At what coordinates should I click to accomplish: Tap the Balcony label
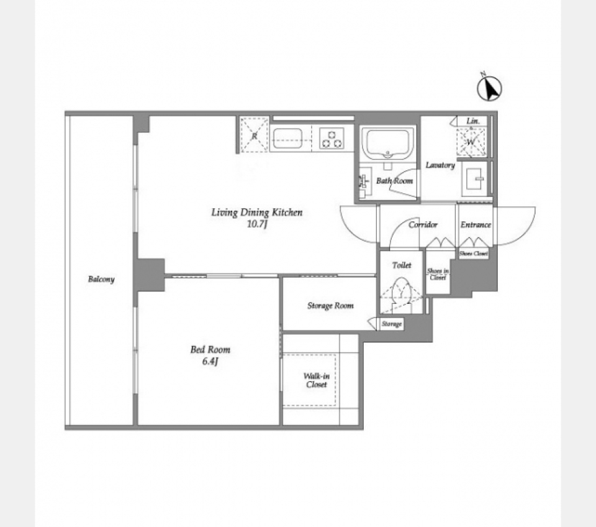[x=101, y=279]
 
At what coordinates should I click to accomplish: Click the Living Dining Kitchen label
[x=257, y=213]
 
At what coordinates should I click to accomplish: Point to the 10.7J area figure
[x=257, y=224]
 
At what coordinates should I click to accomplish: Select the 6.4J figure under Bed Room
[x=210, y=362]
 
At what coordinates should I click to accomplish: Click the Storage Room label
[x=330, y=306]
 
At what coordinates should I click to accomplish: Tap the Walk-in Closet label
[x=316, y=380]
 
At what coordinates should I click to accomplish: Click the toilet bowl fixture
[x=402, y=291]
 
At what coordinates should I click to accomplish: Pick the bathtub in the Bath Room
[x=387, y=144]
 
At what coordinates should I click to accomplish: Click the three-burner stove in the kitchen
[x=332, y=139]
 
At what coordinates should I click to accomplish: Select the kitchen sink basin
[x=287, y=139]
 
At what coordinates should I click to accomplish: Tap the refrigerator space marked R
[x=255, y=135]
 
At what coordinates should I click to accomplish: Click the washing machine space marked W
[x=471, y=142]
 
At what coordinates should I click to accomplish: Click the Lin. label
[x=473, y=121]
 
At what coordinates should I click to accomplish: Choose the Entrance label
[x=476, y=224]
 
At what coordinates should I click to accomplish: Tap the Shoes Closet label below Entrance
[x=473, y=254]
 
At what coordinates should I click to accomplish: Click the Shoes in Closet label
[x=438, y=274]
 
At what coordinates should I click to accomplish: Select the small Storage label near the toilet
[x=392, y=324]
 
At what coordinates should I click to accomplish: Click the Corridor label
[x=423, y=224]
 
